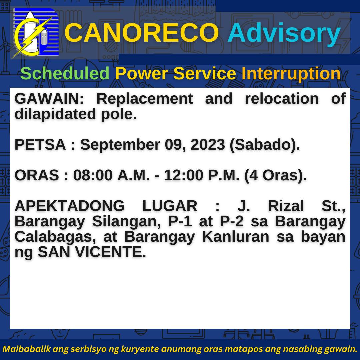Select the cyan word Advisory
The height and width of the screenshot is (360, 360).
click(284, 34)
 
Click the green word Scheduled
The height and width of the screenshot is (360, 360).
click(65, 73)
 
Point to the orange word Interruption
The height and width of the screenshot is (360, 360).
click(291, 73)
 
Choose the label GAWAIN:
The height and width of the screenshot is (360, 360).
click(49, 99)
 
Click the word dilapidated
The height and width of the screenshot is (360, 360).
click(55, 114)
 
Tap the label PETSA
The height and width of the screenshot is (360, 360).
click(40, 145)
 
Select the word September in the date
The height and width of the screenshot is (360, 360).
click(120, 145)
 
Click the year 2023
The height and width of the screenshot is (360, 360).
click(208, 145)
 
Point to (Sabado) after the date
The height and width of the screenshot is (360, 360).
click(264, 145)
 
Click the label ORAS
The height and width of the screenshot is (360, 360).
click(37, 175)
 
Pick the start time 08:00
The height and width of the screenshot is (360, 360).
click(93, 175)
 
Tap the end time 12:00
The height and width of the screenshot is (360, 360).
click(184, 175)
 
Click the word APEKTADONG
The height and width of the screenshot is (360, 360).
click(70, 206)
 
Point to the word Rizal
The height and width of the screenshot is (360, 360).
click(286, 206)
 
